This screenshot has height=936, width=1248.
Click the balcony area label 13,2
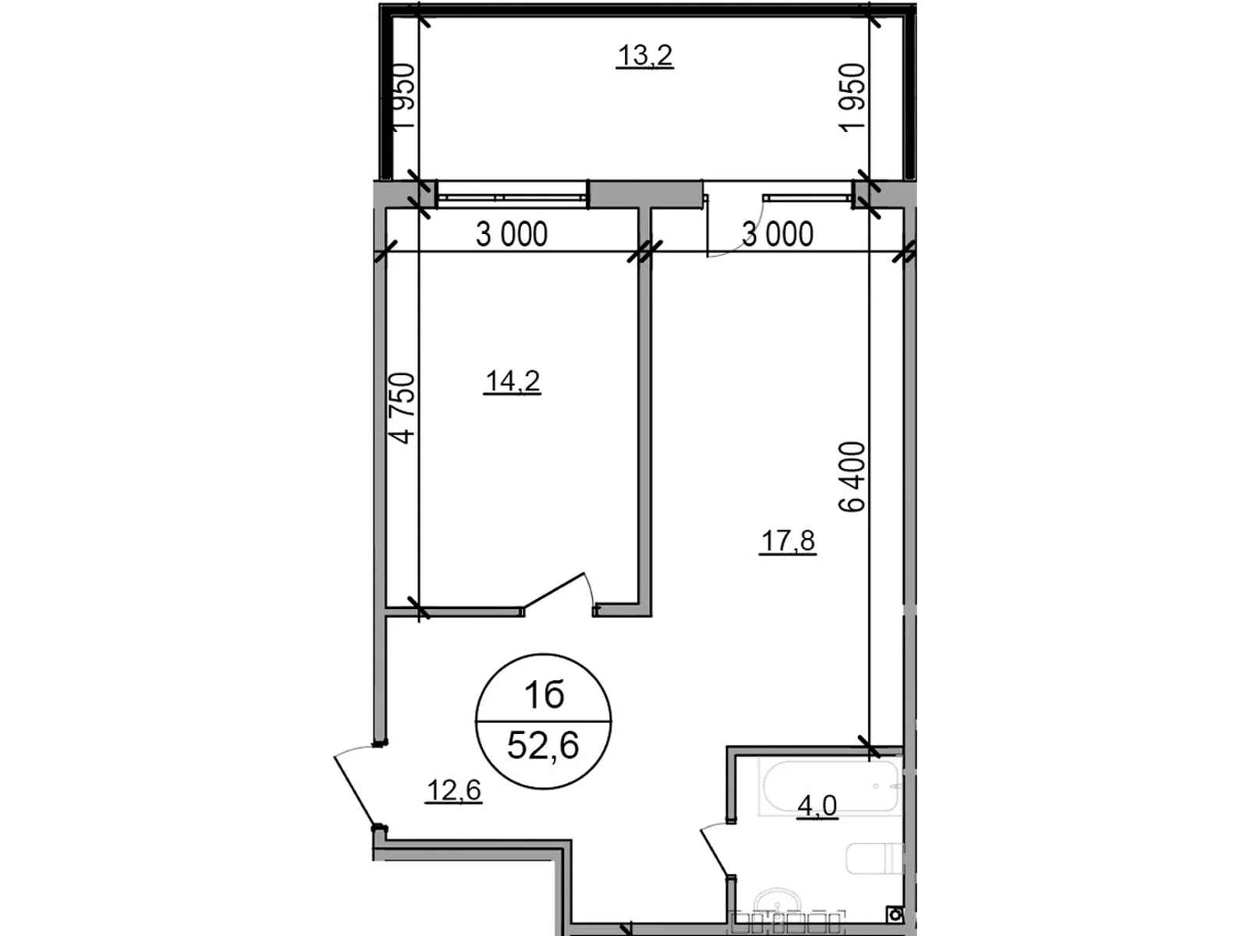645,55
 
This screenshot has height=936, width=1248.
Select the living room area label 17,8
788,541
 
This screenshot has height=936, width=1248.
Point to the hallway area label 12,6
454,790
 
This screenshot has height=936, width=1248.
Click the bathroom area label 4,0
817,805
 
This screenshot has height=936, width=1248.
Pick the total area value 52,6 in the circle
543,745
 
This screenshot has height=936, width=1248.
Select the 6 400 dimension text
853,477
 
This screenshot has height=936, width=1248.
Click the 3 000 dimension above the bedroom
512,234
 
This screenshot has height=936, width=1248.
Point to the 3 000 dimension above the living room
777,234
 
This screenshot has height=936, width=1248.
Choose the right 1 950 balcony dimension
853,97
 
